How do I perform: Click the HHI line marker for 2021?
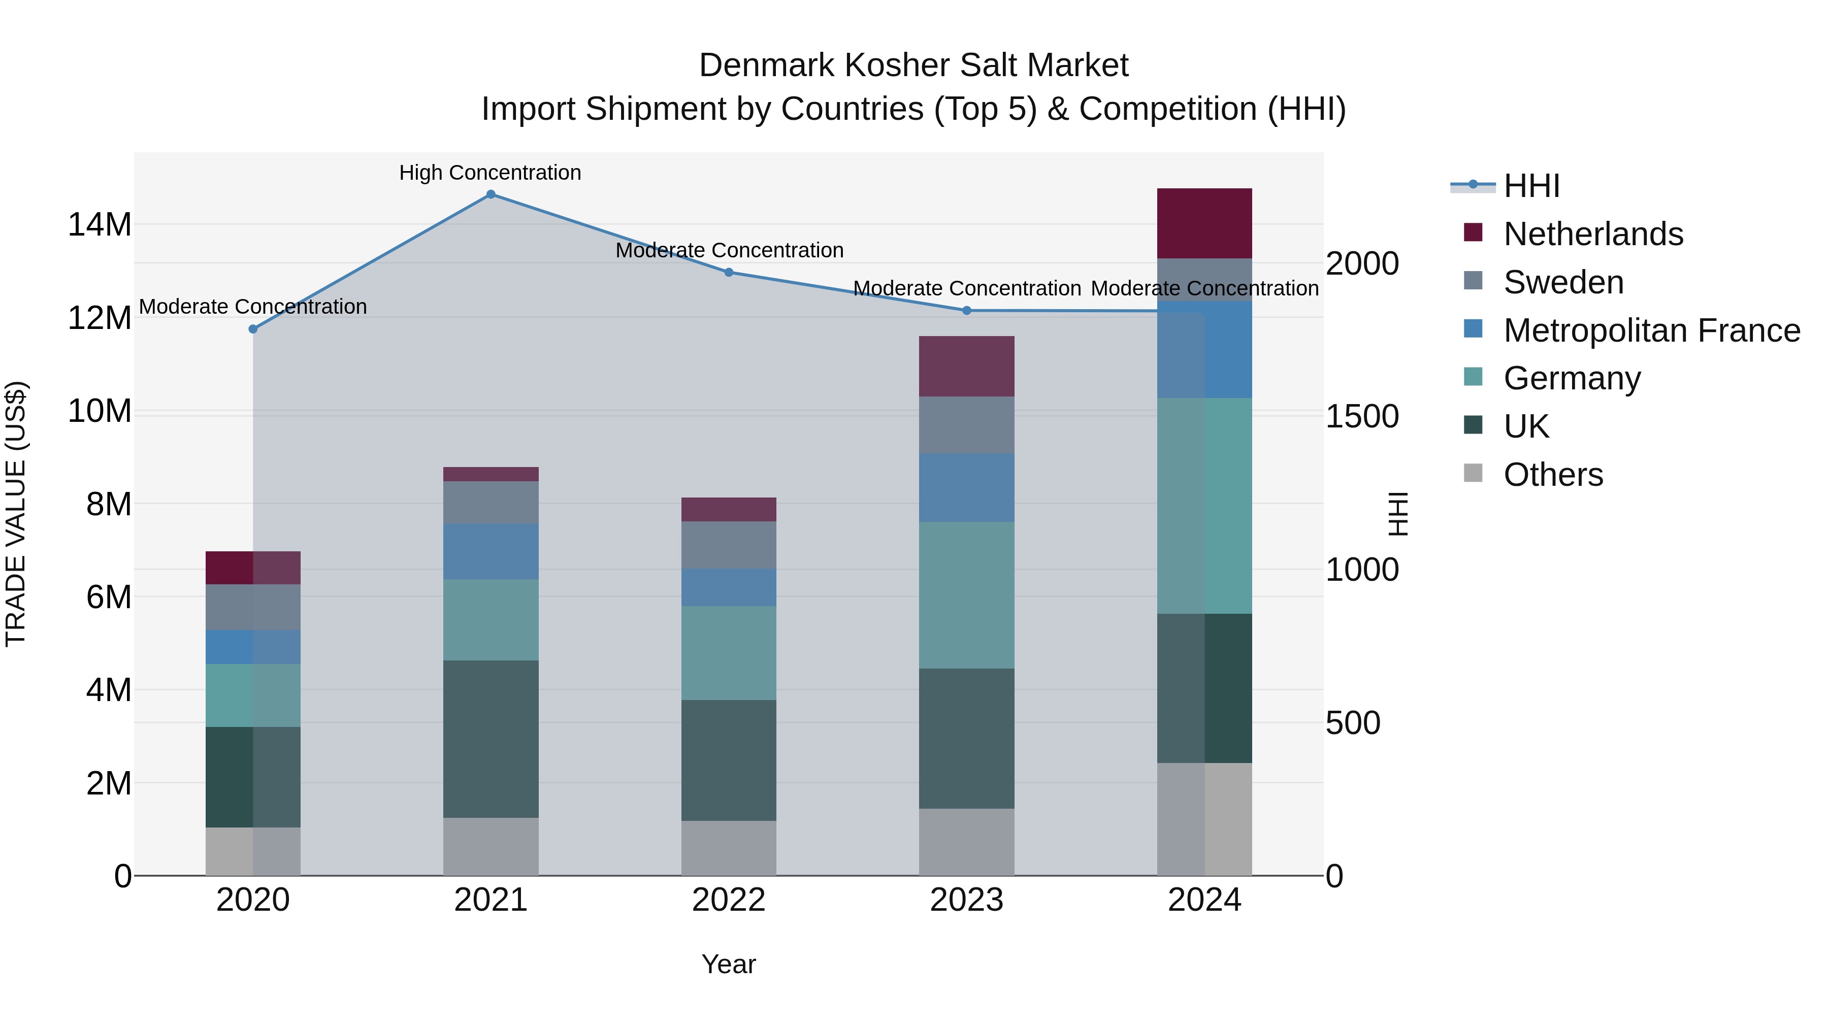[x=491, y=194]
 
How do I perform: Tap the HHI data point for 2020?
[x=253, y=329]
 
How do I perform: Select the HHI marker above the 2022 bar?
[x=729, y=273]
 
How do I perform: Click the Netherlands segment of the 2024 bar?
[x=1204, y=223]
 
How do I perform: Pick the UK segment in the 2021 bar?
[x=491, y=739]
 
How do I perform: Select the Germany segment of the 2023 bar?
[x=966, y=595]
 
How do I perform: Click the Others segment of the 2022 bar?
[x=729, y=848]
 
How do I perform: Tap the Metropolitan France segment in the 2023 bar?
[x=966, y=487]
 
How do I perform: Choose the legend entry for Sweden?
[x=1563, y=282]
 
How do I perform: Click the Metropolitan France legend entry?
[x=1651, y=330]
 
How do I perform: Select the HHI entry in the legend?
[x=1531, y=186]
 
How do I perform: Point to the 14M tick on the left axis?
[x=100, y=225]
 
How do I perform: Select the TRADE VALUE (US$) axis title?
[x=16, y=514]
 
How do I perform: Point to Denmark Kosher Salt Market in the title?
[x=913, y=65]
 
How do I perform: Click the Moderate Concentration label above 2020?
[x=253, y=307]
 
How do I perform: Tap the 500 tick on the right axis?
[x=1353, y=723]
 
